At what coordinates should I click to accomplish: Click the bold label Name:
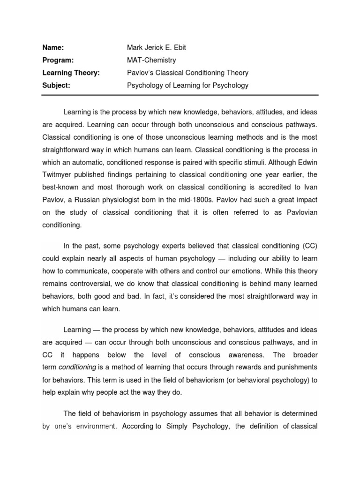tap(53, 47)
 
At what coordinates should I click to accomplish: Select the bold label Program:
tap(58, 60)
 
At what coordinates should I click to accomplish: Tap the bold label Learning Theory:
tap(71, 73)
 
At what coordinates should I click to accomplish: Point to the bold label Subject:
tap(56, 85)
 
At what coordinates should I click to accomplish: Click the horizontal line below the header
tap(180, 95)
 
